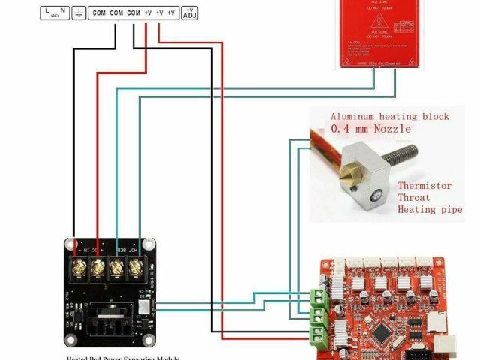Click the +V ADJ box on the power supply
189,12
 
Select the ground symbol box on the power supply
79,13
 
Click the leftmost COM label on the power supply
99,13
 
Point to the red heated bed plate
376,34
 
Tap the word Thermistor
424,185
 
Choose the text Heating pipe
430,209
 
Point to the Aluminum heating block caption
390,116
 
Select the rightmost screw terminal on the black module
136,266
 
